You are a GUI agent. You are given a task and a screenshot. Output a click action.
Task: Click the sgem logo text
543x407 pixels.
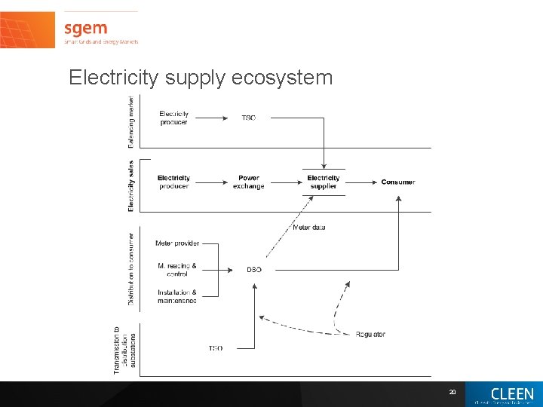tap(84, 29)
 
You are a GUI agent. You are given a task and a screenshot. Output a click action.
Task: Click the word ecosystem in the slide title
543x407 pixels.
tap(287, 78)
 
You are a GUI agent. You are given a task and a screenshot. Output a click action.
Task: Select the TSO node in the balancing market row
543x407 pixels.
tap(248, 118)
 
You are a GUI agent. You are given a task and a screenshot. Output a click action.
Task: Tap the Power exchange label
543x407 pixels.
tap(248, 182)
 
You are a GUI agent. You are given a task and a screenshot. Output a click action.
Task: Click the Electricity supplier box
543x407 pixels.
tap(324, 182)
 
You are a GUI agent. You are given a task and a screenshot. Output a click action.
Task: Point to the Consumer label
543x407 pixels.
tap(397, 182)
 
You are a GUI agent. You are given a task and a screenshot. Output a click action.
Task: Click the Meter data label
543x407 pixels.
tap(308, 227)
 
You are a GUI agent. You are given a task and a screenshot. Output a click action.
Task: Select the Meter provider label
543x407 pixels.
tap(177, 243)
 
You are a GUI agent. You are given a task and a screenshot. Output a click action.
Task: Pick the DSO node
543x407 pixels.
tap(254, 270)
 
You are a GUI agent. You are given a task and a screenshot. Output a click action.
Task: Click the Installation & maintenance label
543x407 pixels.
tap(177, 296)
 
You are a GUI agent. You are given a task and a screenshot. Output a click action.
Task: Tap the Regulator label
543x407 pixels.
tap(370, 334)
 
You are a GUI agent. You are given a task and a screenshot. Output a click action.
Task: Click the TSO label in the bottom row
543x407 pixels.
tap(216, 348)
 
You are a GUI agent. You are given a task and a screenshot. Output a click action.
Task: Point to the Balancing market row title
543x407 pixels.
tap(131, 121)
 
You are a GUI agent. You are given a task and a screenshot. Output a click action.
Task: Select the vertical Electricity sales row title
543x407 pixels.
tap(131, 185)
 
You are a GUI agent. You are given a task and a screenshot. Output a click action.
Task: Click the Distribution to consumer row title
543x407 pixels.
tap(131, 268)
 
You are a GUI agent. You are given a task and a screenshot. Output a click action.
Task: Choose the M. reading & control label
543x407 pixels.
tap(177, 270)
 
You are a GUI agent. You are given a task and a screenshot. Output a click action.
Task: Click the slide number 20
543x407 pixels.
tap(452, 392)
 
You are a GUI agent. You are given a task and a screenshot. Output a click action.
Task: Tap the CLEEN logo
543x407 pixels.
tap(511, 394)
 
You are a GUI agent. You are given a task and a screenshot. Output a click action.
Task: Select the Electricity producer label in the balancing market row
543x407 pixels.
tap(174, 118)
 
